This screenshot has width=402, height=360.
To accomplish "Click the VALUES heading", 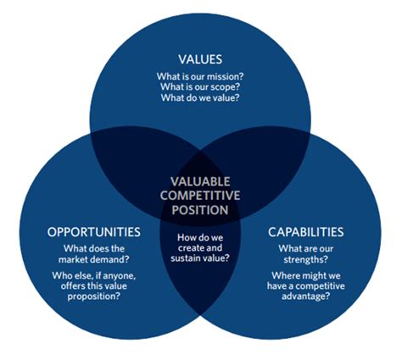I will (200, 59).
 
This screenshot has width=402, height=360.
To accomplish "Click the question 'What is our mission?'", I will (200, 77).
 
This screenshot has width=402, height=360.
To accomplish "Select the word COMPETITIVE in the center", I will (200, 196).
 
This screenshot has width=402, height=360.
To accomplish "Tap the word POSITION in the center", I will (200, 209).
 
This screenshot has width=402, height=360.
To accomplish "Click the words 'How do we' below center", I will (200, 237).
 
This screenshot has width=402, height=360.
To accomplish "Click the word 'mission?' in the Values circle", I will (226, 77).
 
